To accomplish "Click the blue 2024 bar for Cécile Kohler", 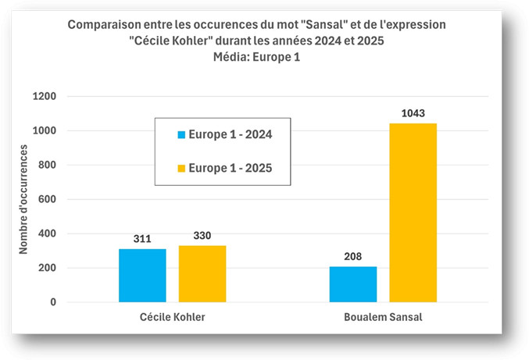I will [142, 275].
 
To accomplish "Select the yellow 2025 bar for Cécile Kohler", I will [202, 273].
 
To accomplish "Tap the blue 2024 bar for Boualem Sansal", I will [353, 284].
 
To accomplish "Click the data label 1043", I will [413, 114].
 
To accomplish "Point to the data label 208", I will [353, 257].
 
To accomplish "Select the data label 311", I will [142, 240].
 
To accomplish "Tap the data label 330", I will [202, 237].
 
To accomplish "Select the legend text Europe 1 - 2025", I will [232, 168].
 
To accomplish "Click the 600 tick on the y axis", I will [48, 199].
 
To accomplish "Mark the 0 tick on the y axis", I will [53, 302].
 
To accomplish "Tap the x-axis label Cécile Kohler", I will [172, 319].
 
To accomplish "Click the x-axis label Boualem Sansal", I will [383, 319].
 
